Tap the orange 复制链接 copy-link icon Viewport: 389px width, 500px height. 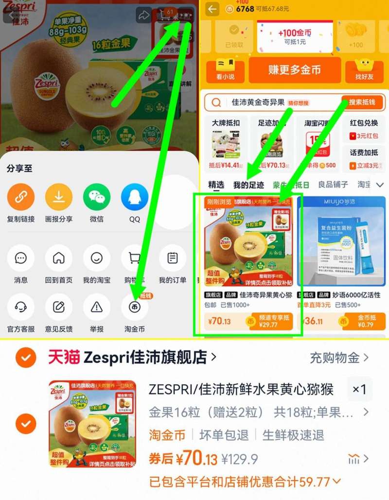[21, 197]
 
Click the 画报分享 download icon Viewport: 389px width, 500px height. [59, 197]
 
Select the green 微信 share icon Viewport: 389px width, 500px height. [97, 197]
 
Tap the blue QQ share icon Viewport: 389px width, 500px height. [135, 197]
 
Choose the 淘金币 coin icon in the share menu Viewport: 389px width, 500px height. [135, 307]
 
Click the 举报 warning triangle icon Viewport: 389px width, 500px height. [97, 307]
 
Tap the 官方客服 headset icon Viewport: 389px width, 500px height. [21, 307]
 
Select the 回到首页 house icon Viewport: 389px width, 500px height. [59, 258]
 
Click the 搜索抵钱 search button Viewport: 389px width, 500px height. [362, 103]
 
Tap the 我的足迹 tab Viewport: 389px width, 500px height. [248, 185]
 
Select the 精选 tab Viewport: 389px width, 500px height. [216, 185]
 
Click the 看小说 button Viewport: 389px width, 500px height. [225, 71]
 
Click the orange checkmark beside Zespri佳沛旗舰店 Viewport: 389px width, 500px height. [26, 358]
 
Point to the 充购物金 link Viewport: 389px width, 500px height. [339, 358]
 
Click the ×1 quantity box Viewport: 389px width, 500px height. [359, 389]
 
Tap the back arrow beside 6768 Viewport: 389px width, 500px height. [212, 9]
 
